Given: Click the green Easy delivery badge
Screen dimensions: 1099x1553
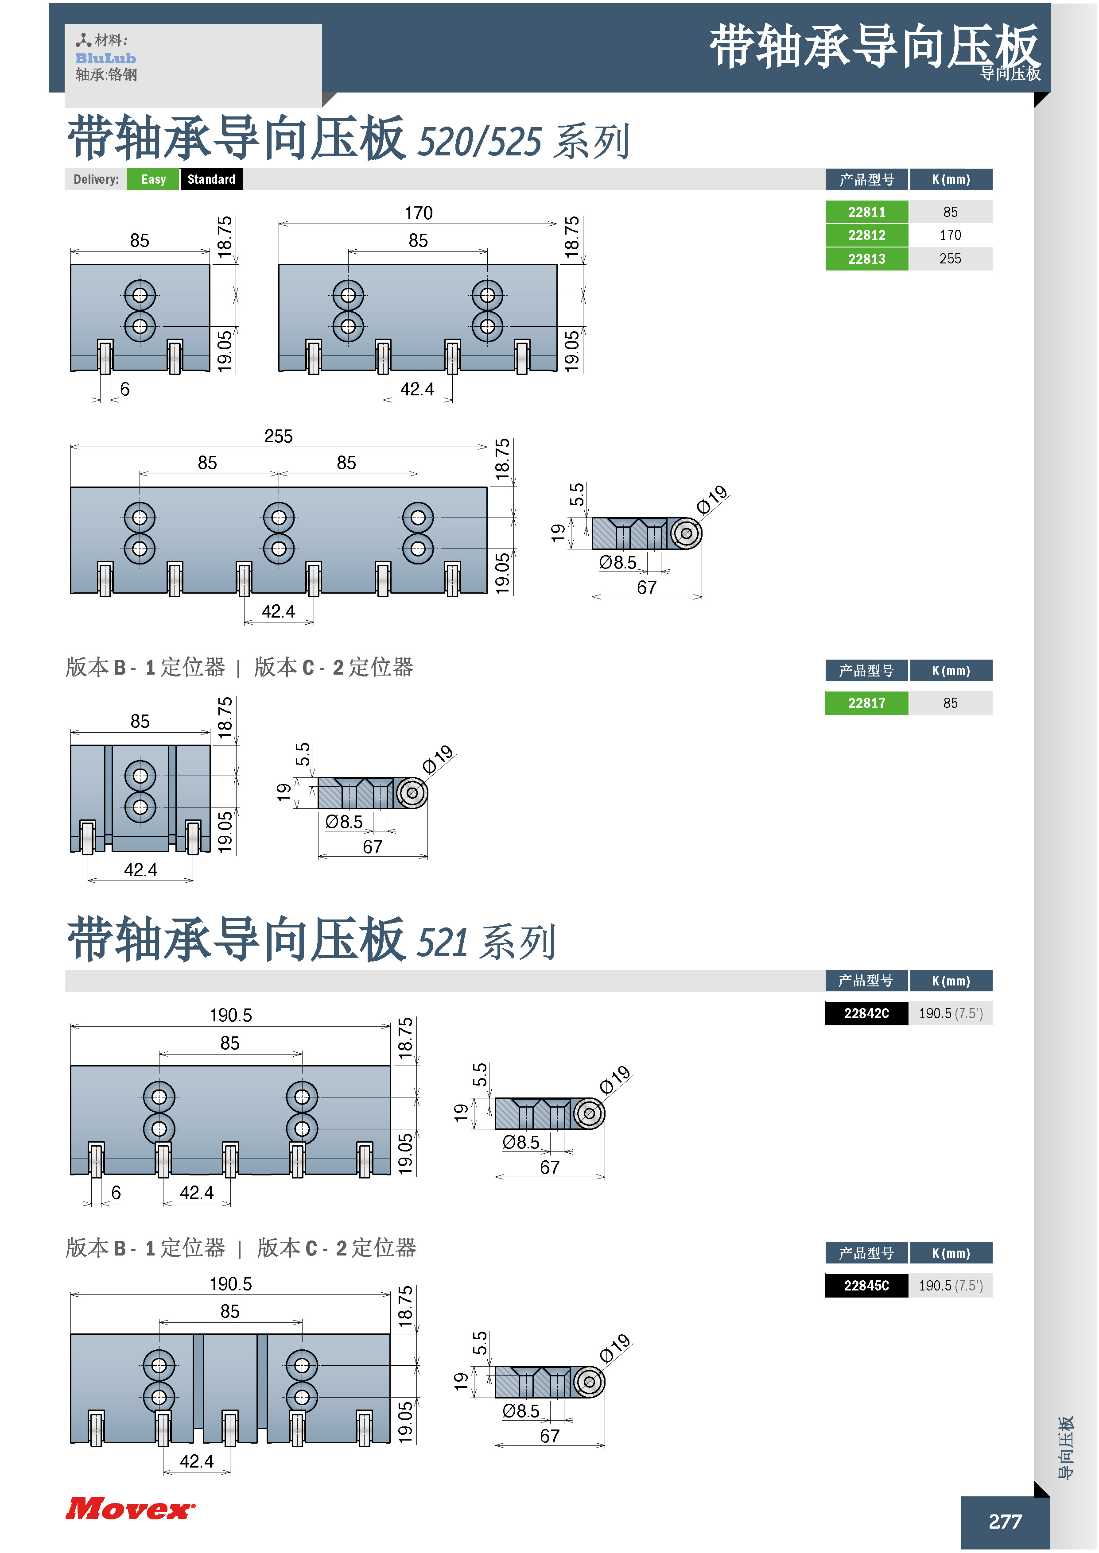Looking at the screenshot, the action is [x=153, y=179].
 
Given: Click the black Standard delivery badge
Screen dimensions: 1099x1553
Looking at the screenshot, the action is [x=211, y=179].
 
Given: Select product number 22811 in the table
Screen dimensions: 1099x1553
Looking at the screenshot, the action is [x=866, y=212].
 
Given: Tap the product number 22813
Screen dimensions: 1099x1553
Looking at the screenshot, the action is [x=866, y=259].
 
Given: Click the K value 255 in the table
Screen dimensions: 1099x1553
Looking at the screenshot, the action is [x=950, y=259].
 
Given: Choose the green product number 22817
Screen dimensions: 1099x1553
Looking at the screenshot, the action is [x=866, y=703].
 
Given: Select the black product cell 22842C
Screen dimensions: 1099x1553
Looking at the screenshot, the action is [x=866, y=1013].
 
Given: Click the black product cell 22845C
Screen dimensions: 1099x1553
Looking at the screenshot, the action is [x=866, y=1286].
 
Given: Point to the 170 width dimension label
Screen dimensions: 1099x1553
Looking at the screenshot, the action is [x=418, y=213].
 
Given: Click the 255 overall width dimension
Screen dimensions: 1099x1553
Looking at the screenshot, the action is [x=278, y=436].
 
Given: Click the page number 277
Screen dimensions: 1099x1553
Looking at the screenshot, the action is [x=1005, y=1521].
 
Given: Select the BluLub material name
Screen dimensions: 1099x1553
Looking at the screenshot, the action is [x=105, y=58].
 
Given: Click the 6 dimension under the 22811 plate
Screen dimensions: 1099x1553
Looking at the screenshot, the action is [x=124, y=389].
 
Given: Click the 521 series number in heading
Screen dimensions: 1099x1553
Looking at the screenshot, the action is [x=442, y=942].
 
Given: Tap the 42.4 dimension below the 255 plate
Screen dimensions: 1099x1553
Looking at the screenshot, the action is [x=278, y=611].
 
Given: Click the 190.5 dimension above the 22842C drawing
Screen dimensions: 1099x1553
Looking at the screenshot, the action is [x=231, y=1015].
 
